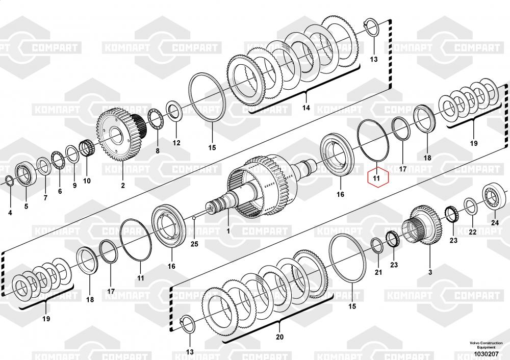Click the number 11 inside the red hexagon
pos(376,178)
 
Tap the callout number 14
pos(306,108)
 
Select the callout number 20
pos(279,337)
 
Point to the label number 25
pos(194,244)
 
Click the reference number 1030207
pos(486,353)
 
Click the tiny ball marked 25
pos(194,218)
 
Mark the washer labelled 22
pos(471,205)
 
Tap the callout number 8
pos(157,151)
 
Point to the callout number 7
pos(45,197)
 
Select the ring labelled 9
pos(72,153)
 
